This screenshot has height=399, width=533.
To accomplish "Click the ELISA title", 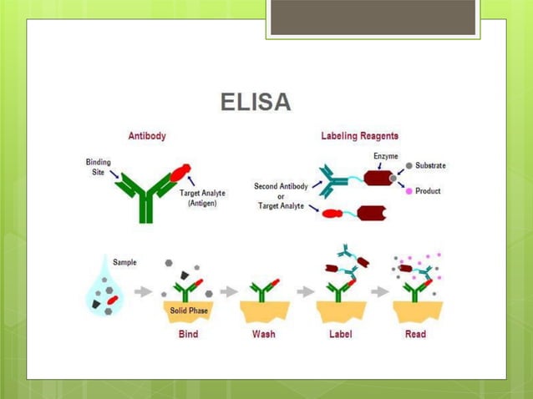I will coord(255,102).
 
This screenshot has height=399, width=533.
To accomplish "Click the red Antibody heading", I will coord(146,135).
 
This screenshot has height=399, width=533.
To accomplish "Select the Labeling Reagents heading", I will coord(359,135).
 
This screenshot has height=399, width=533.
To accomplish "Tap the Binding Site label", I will coord(97,166).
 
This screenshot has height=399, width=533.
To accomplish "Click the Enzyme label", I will coord(385,156).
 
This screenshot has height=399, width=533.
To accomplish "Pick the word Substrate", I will coord(430,165).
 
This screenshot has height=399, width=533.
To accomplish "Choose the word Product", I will coord(427,191).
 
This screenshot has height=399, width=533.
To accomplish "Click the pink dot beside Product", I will coord(409,191).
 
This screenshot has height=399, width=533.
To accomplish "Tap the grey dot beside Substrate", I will coord(409,165).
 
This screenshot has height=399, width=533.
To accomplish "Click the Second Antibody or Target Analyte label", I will coord(281,195).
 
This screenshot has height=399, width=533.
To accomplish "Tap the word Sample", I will coord(125,262).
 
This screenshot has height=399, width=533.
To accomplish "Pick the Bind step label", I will coord(188,334).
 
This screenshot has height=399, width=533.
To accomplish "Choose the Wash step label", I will coord(264,334).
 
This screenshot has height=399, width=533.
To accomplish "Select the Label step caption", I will coord(340,334).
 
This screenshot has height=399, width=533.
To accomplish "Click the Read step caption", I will coord(415,334).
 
